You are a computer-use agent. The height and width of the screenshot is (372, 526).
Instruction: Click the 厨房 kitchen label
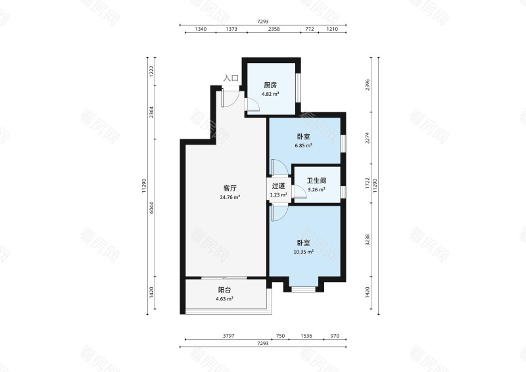coord(270,85)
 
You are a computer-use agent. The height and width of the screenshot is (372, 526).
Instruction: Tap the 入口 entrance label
coord(231,78)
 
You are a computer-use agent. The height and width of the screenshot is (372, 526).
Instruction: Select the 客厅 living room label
coord(229,188)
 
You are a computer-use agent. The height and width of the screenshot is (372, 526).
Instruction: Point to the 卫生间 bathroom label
coord(316,181)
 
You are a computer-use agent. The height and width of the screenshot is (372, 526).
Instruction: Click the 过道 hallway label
coord(278,186)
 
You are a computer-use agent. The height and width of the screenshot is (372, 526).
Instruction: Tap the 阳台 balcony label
coord(224,290)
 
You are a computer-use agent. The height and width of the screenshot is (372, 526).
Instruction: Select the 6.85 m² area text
coord(304,146)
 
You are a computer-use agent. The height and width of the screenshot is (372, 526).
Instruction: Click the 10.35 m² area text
coord(304,251)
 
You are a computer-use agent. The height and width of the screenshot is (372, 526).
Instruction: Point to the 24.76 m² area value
coord(229,197)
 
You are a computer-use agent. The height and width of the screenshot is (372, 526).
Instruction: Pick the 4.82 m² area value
coord(270,94)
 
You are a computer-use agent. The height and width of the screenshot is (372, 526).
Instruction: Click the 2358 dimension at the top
coord(274,29)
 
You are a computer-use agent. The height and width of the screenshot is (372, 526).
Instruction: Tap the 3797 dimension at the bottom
coord(228,336)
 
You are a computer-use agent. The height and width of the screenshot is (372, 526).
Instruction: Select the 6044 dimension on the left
coord(151,208)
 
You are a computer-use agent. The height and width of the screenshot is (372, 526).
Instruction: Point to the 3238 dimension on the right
coord(368,239)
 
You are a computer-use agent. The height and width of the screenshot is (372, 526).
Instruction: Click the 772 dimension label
coord(310,29)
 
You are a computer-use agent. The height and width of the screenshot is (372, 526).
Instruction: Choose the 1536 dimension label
coord(306,336)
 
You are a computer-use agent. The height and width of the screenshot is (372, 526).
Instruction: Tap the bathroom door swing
coord(300,191)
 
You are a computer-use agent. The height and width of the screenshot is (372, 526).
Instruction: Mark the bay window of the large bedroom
coord(303,289)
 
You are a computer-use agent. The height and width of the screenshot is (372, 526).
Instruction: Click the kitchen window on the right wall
coord(298,87)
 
